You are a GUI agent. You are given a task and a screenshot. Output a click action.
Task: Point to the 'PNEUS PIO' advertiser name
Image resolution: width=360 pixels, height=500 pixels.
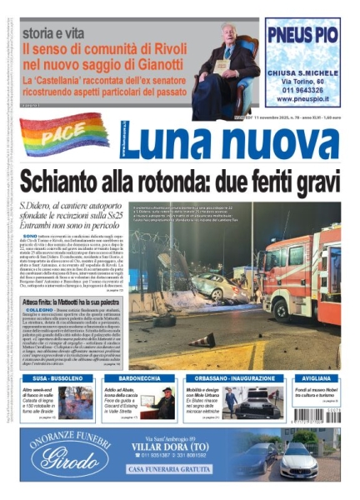302,37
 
